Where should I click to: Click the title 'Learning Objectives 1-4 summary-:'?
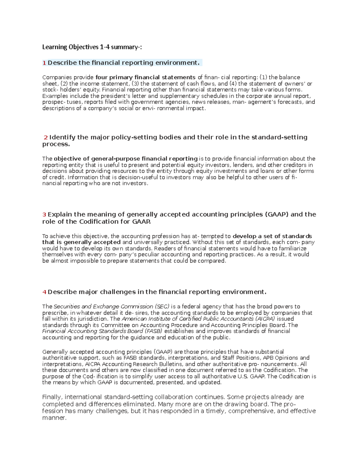[x=92, y=47]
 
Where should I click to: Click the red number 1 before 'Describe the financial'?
[x=44, y=63]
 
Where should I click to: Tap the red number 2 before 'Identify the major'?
[x=46, y=137]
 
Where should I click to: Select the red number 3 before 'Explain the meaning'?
[x=44, y=215]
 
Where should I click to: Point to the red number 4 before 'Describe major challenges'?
[x=44, y=292]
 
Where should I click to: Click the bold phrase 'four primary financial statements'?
[x=145, y=77]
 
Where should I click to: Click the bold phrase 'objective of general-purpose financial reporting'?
[x=125, y=159]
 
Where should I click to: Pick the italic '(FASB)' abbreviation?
[x=153, y=331]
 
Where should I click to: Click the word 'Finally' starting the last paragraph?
[x=52, y=397]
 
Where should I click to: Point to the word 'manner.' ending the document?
[x=54, y=418]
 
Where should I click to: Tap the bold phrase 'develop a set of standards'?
[x=272, y=236]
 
